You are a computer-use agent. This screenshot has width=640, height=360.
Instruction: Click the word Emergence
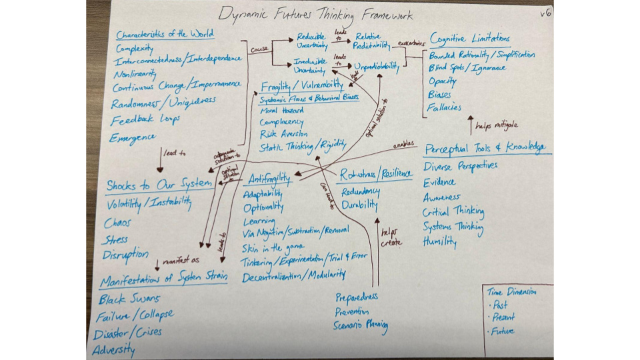coord(133,137)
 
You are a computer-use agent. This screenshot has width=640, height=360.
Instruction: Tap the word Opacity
coord(443,81)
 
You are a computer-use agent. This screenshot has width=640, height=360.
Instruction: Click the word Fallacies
coord(445,107)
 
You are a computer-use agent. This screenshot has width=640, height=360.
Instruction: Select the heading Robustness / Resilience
coord(376,175)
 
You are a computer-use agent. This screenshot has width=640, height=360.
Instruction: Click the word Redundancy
coord(361,192)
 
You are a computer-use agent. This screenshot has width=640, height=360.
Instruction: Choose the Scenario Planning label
coord(361,326)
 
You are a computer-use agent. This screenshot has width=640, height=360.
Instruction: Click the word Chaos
coord(117,223)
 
